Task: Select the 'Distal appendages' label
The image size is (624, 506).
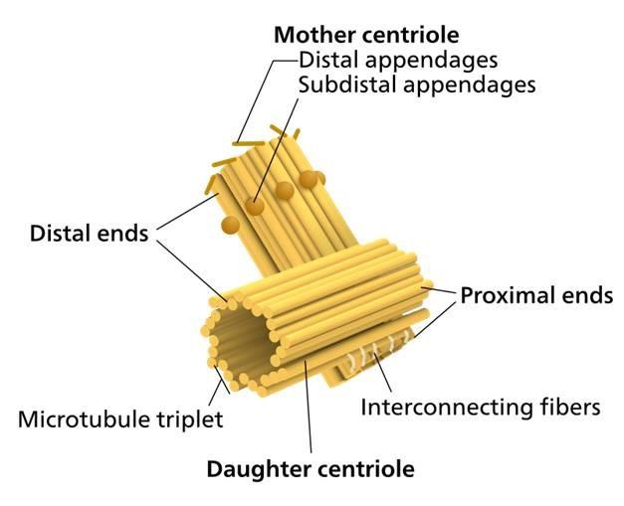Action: (x=398, y=60)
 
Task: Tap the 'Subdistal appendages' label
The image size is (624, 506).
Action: (x=417, y=84)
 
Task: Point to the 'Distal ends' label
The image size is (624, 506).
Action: (x=89, y=235)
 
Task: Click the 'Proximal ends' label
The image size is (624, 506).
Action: (x=535, y=295)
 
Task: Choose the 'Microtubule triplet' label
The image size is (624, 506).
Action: (x=120, y=419)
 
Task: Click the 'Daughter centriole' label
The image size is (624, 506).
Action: (x=310, y=467)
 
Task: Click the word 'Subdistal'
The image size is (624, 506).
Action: (x=343, y=84)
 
